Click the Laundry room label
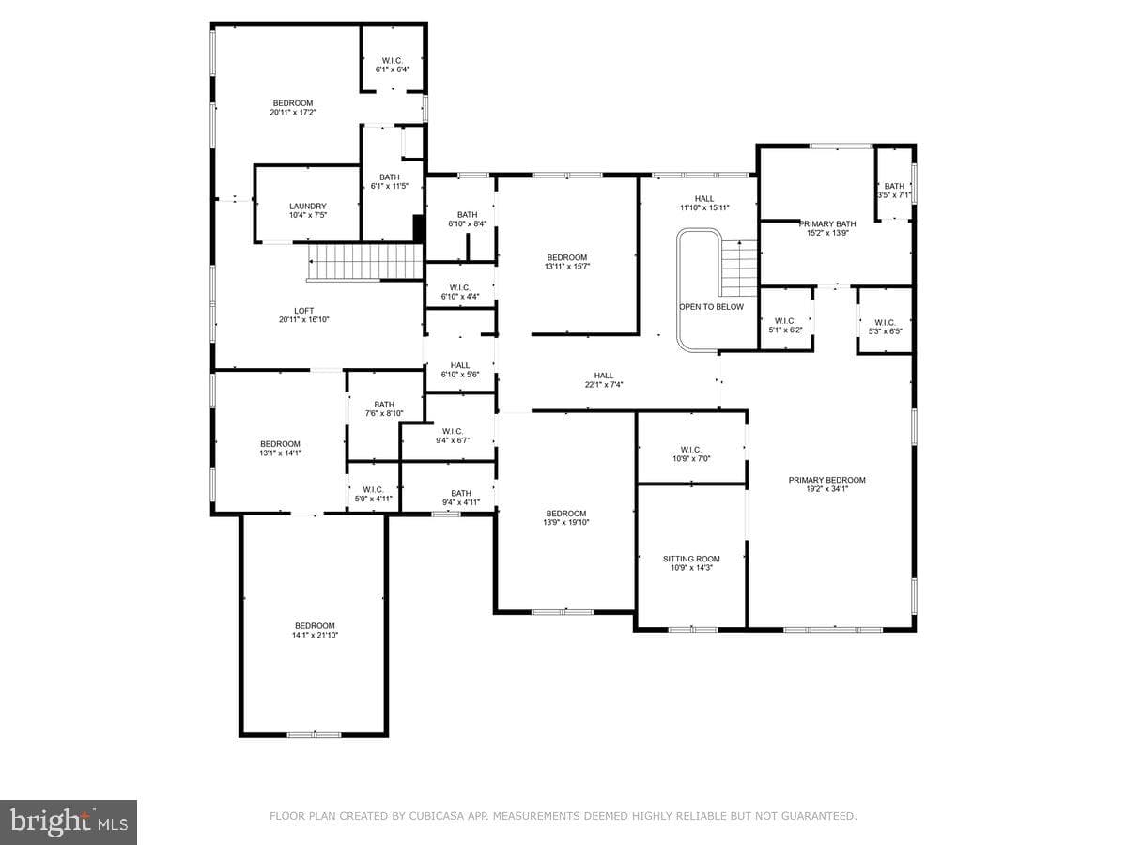point(307,207)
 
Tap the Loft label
point(304,311)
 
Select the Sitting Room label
point(691,559)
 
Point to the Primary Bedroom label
point(826,480)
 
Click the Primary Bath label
point(827,224)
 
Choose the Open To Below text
point(711,307)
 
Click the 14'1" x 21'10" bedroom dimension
point(315,636)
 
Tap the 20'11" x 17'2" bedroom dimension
point(293,113)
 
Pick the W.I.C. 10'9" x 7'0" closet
point(691,448)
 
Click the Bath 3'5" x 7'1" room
point(894,185)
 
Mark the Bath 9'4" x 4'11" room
point(448,486)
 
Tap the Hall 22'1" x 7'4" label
point(604,380)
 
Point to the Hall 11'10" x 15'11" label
point(704,203)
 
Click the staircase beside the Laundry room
point(365,262)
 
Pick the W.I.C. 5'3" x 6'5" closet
point(885,321)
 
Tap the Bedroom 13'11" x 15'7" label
point(567,262)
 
